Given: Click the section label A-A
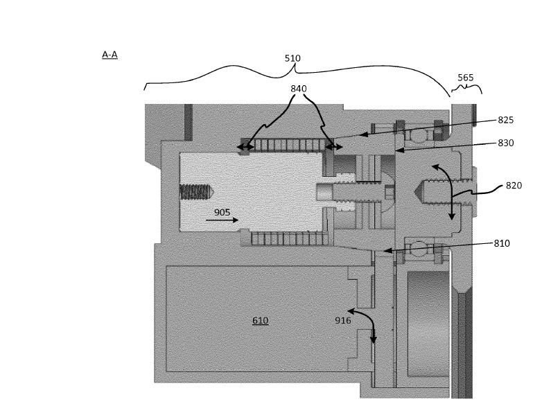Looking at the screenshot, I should click(x=110, y=54).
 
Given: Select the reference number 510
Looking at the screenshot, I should click(x=292, y=59).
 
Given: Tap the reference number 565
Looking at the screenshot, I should click(x=466, y=78).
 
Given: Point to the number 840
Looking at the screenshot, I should click(x=299, y=89).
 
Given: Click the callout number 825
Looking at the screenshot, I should click(x=506, y=120).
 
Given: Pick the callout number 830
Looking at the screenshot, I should click(x=506, y=143).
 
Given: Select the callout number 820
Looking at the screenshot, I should click(x=514, y=185).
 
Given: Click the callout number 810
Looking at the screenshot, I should click(x=502, y=243).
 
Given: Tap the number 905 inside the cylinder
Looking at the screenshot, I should click(x=222, y=212).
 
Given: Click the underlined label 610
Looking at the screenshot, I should click(x=260, y=320).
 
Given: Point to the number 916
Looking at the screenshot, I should click(x=343, y=320).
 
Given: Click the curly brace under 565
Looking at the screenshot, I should click(x=466, y=88).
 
